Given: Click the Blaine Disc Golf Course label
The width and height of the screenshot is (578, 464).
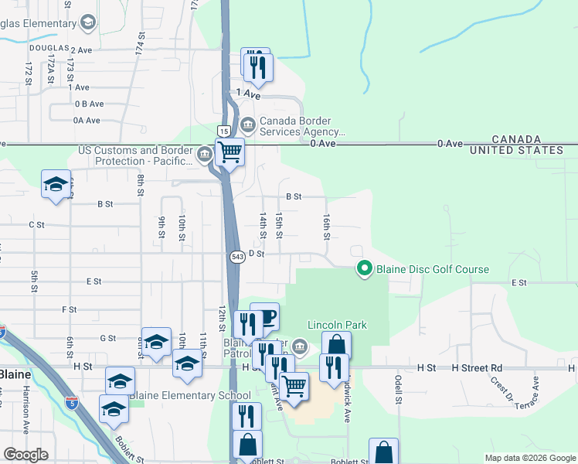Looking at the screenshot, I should [x=433, y=269].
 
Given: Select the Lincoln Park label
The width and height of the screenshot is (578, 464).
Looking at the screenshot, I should [x=337, y=325].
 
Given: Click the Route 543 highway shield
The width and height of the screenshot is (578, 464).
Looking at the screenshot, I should [x=237, y=255].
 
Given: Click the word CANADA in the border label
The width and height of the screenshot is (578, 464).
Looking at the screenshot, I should [x=516, y=138].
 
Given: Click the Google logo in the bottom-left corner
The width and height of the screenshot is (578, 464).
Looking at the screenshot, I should [x=26, y=455].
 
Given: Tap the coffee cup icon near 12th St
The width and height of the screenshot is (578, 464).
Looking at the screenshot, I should [x=265, y=317].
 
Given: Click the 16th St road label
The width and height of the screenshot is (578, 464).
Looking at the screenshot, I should [x=327, y=227].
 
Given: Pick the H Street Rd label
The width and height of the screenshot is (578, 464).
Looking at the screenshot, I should [x=477, y=368].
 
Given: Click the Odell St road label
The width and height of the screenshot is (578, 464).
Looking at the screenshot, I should [x=399, y=390].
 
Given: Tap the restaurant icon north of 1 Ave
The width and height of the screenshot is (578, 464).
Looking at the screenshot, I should [x=258, y=67].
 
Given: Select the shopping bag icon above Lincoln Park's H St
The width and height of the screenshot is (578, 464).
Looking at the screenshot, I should [x=336, y=346].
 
